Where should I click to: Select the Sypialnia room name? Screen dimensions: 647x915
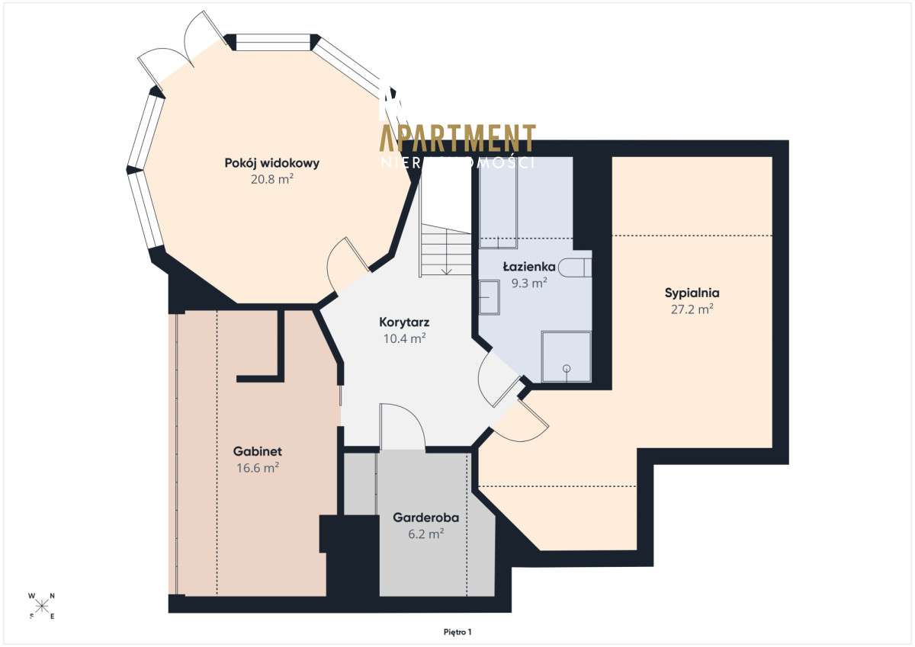[692, 292]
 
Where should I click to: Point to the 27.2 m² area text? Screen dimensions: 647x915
[692, 309]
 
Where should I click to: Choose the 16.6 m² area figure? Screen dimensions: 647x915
[258, 468]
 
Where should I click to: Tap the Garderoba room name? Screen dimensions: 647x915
[425, 517]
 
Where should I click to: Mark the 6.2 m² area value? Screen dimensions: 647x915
[425, 534]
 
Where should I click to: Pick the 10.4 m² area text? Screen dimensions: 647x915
[404, 339]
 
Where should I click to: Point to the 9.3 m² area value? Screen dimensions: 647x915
[528, 283]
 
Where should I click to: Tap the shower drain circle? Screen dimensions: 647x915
[567, 369]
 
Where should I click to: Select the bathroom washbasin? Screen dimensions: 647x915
[488, 296]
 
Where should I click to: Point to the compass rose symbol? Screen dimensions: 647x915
[42, 606]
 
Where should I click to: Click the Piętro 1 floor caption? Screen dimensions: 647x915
[457, 632]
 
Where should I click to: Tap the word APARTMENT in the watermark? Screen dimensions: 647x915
[457, 138]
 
